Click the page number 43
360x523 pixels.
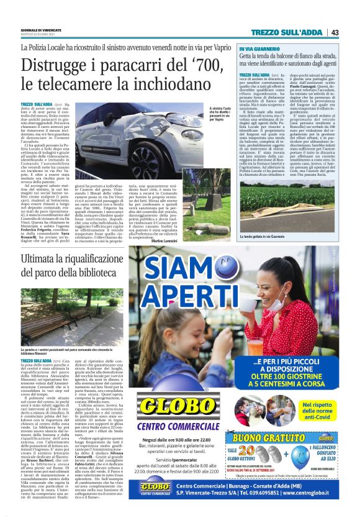pos(335,32)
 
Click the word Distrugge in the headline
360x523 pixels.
pos(55,65)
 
